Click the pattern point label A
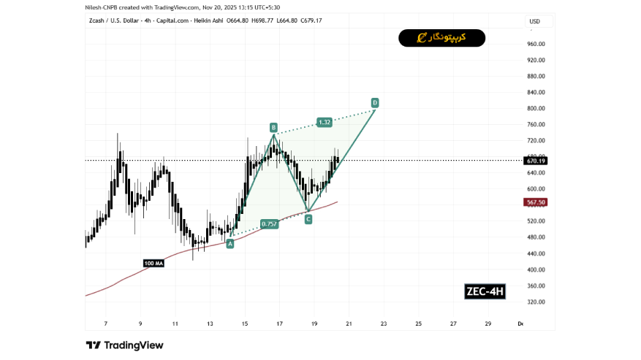pyautogui.click(x=230, y=244)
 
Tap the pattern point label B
pyautogui.click(x=273, y=126)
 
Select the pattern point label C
pyautogui.click(x=308, y=218)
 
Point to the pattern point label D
pyautogui.click(x=374, y=102)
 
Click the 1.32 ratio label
pyautogui.click(x=325, y=122)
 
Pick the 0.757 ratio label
pyautogui.click(x=270, y=224)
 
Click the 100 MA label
pyautogui.click(x=153, y=263)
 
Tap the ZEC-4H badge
pyautogui.click(x=485, y=292)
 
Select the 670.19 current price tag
pyautogui.click(x=536, y=161)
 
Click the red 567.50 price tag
pyautogui.click(x=536, y=202)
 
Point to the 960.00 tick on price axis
pyautogui.click(x=536, y=44)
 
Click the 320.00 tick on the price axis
pyautogui.click(x=536, y=302)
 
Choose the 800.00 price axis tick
pyautogui.click(x=536, y=108)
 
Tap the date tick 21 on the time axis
pyautogui.click(x=349, y=323)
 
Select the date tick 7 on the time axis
pyautogui.click(x=106, y=323)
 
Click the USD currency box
pyautogui.click(x=534, y=22)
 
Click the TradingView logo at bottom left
pyautogui.click(x=124, y=345)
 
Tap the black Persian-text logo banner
pyautogui.click(x=441, y=38)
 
